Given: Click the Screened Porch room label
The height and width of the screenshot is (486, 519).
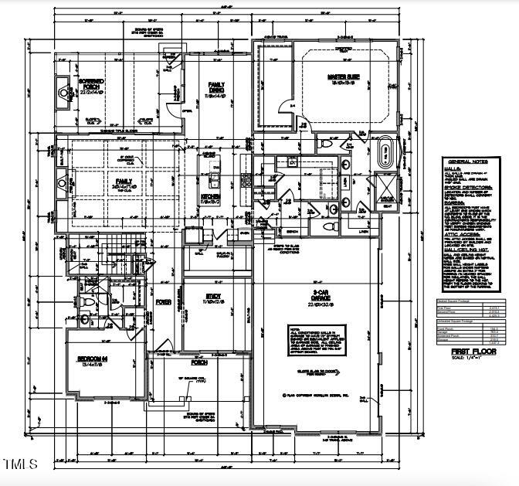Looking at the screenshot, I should tap(90, 81).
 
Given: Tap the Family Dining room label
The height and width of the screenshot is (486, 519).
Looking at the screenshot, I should tap(215, 87).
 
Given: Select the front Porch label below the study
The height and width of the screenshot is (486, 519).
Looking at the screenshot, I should tap(199, 341).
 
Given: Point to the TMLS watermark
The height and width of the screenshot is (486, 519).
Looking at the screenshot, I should tap(20, 464).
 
